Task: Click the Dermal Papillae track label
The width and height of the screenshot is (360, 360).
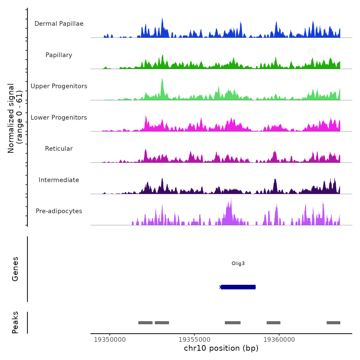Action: point(59,24)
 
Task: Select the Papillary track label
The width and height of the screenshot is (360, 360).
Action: point(59,55)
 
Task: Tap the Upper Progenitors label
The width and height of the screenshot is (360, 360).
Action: point(59,86)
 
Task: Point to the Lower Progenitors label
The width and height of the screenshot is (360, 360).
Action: point(59,118)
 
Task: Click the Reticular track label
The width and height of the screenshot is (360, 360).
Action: point(59,149)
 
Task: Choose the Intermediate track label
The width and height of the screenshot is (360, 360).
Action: point(59,180)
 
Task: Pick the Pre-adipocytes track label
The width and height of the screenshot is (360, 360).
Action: point(59,211)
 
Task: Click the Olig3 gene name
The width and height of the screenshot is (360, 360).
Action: point(238,264)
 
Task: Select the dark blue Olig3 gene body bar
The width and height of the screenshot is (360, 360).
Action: point(238,287)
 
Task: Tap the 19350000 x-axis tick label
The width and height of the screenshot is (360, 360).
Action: point(110,340)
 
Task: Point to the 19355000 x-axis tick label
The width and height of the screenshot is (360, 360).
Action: point(194,340)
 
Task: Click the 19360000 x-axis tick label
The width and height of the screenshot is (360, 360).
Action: point(279,340)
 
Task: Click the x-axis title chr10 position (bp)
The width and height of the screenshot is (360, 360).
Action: point(221,348)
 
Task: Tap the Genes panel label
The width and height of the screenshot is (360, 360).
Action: point(15,269)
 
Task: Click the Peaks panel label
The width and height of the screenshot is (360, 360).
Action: point(15,322)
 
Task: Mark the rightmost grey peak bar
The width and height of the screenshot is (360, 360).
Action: point(333,323)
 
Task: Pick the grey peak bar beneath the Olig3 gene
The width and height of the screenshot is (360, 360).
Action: point(232,323)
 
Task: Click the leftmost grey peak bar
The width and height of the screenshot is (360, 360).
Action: point(145,323)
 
